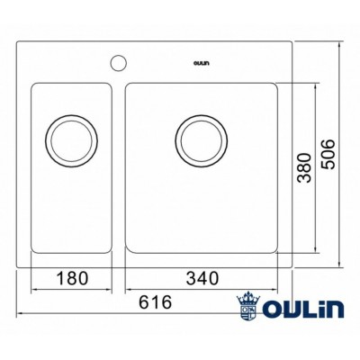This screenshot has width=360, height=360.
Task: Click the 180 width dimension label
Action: pyautogui.click(x=71, y=278)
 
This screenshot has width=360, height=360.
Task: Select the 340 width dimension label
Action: pyautogui.click(x=203, y=278)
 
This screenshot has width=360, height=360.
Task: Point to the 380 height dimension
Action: pyautogui.click(x=306, y=166)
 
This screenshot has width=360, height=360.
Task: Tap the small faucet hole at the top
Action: pyautogui.click(x=117, y=63)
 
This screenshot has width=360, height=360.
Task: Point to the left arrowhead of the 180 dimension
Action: pyautogui.click(x=34, y=290)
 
